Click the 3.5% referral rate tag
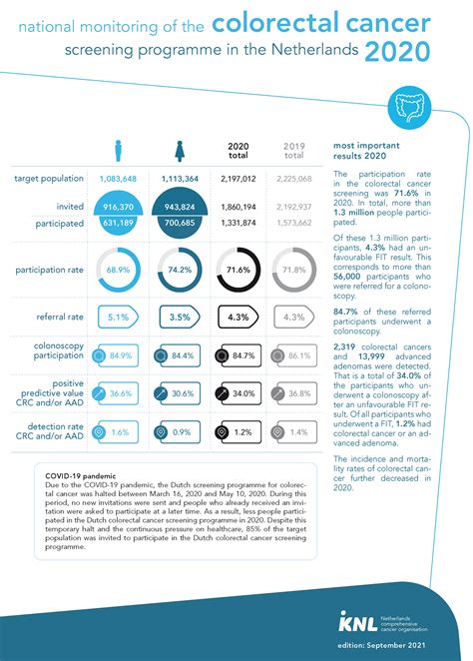coord(179,318)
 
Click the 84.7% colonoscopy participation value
coord(244,354)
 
